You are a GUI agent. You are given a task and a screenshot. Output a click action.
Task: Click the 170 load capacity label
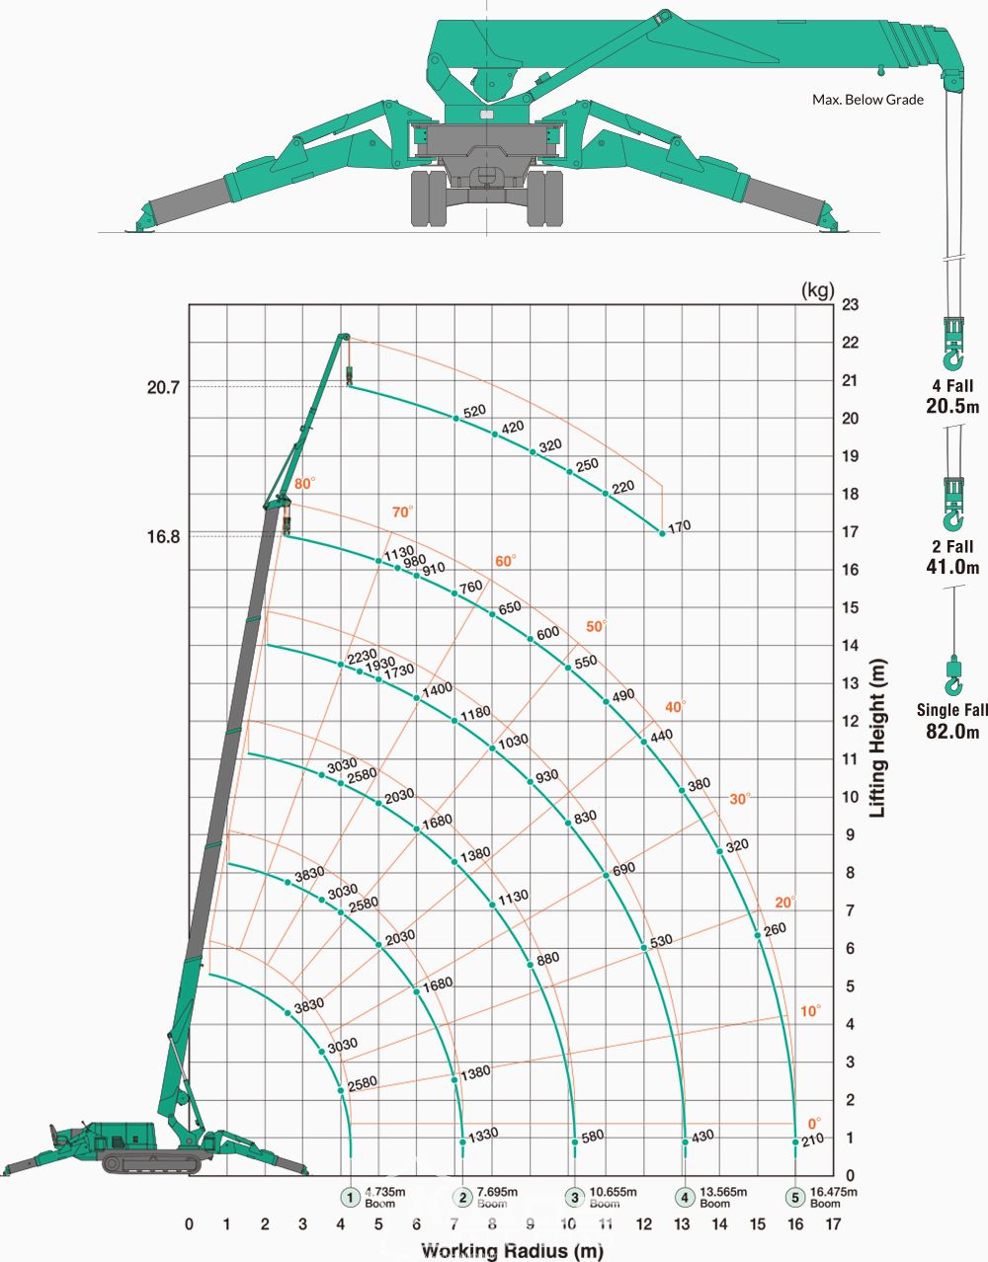point(679,526)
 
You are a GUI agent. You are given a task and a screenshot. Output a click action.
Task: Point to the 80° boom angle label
point(304,483)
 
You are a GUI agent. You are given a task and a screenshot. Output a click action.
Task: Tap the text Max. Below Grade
point(867,100)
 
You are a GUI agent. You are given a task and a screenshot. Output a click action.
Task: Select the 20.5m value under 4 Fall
point(952,406)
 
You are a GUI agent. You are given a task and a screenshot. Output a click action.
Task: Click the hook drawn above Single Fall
point(953,674)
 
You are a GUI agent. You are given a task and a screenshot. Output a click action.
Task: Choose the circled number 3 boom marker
point(574,1197)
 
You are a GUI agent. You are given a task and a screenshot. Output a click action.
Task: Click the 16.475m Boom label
point(834,1197)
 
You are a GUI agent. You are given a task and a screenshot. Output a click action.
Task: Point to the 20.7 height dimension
point(163,387)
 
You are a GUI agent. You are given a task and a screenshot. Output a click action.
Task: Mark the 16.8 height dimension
point(163,536)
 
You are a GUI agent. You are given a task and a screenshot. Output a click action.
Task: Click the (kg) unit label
point(817,289)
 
